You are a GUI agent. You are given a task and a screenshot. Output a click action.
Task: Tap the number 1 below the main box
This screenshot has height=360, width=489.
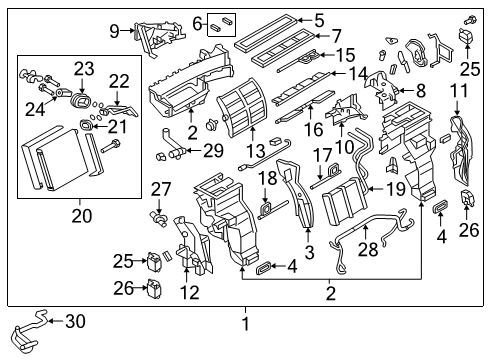244,323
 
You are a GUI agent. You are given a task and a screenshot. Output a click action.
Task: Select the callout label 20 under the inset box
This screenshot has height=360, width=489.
76,211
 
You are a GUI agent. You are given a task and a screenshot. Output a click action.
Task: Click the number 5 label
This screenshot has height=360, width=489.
319,19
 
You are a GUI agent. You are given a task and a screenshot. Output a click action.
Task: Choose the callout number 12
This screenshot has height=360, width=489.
189,292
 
